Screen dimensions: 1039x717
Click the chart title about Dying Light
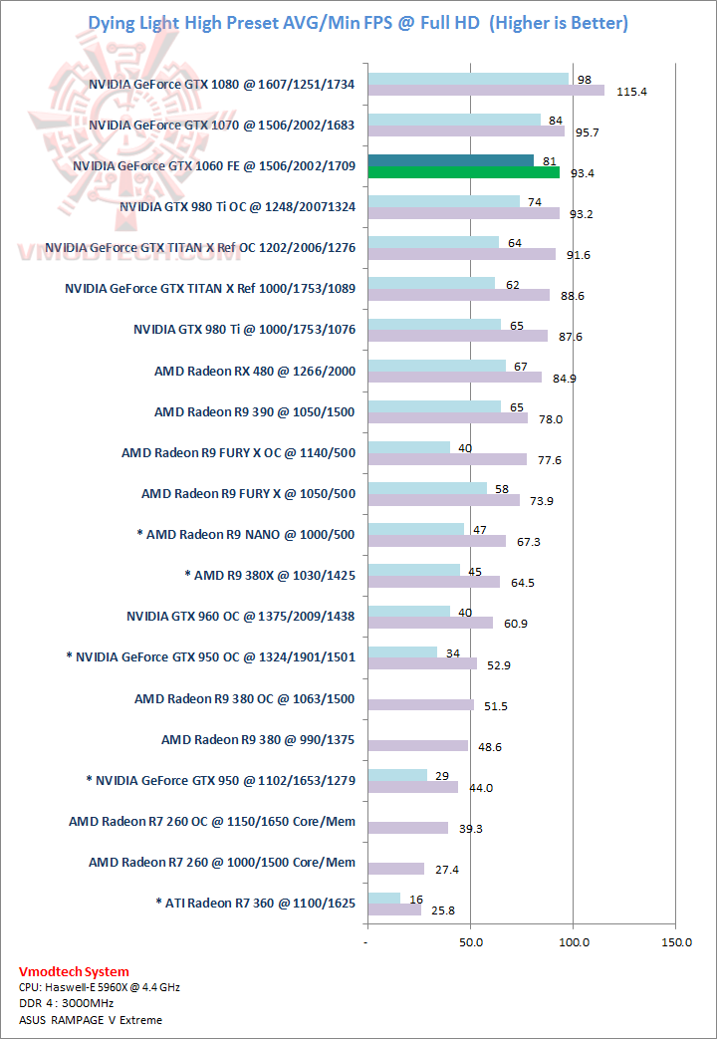(358, 22)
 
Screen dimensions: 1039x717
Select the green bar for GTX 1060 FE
(463, 172)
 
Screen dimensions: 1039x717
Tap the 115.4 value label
(632, 91)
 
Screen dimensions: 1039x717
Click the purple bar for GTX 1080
(486, 91)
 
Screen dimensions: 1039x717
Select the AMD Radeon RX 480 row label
(255, 371)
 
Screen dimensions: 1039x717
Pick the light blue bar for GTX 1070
(454, 120)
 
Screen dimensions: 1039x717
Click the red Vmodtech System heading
(74, 971)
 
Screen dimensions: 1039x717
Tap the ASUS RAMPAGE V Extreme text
(90, 1019)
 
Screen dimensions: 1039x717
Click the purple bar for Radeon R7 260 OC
(408, 828)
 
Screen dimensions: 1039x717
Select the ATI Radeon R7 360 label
(255, 904)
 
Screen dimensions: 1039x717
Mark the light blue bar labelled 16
(383, 899)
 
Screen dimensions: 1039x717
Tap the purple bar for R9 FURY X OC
(447, 459)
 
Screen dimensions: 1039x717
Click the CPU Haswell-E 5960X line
(100, 987)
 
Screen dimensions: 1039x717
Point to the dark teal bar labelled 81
(451, 160)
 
